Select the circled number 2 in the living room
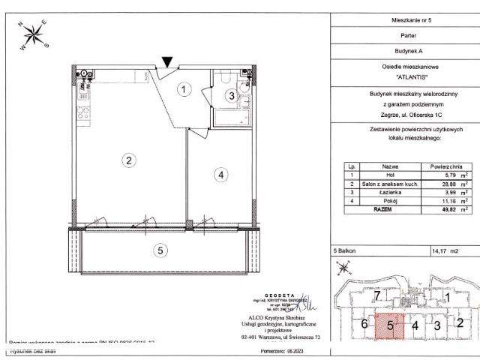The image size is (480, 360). (130, 160)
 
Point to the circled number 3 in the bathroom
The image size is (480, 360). (232, 95)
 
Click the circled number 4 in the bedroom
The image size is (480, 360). (220, 175)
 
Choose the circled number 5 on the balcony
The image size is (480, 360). (160, 250)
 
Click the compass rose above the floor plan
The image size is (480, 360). (34, 34)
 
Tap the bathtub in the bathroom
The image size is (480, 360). (230, 118)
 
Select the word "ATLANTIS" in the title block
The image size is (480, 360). (405, 76)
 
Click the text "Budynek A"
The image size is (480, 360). (405, 49)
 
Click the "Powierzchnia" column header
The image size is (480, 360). (445, 166)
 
